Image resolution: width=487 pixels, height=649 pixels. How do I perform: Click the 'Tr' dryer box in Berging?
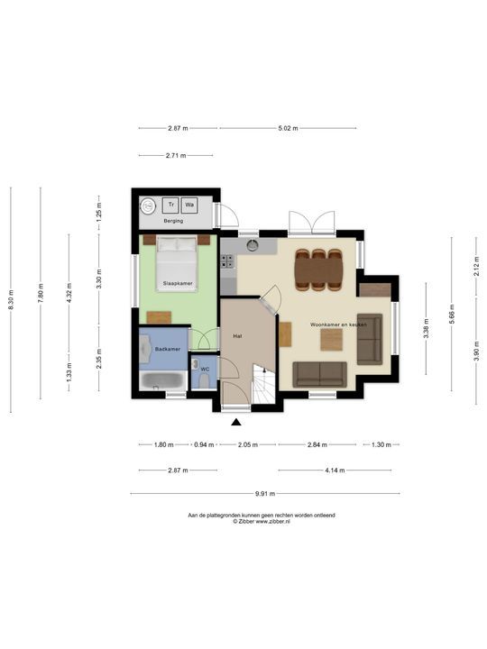171,206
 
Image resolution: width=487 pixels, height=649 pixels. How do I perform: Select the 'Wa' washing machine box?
190,206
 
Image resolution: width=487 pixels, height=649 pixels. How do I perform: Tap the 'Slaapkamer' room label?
177,284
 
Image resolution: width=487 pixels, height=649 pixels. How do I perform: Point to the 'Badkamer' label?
167,349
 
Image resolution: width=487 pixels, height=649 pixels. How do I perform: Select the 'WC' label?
205,369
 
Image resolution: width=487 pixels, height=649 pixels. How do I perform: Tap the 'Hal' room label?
237,335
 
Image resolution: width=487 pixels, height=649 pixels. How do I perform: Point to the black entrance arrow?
236,421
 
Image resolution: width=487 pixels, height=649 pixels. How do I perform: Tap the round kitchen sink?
254,243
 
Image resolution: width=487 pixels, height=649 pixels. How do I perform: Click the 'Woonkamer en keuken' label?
338,323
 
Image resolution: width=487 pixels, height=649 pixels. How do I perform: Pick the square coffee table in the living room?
332,340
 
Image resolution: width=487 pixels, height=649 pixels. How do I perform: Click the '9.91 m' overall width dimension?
264,493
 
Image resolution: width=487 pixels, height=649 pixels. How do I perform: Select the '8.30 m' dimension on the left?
11,299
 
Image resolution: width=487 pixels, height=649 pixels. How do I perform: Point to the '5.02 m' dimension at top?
289,128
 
